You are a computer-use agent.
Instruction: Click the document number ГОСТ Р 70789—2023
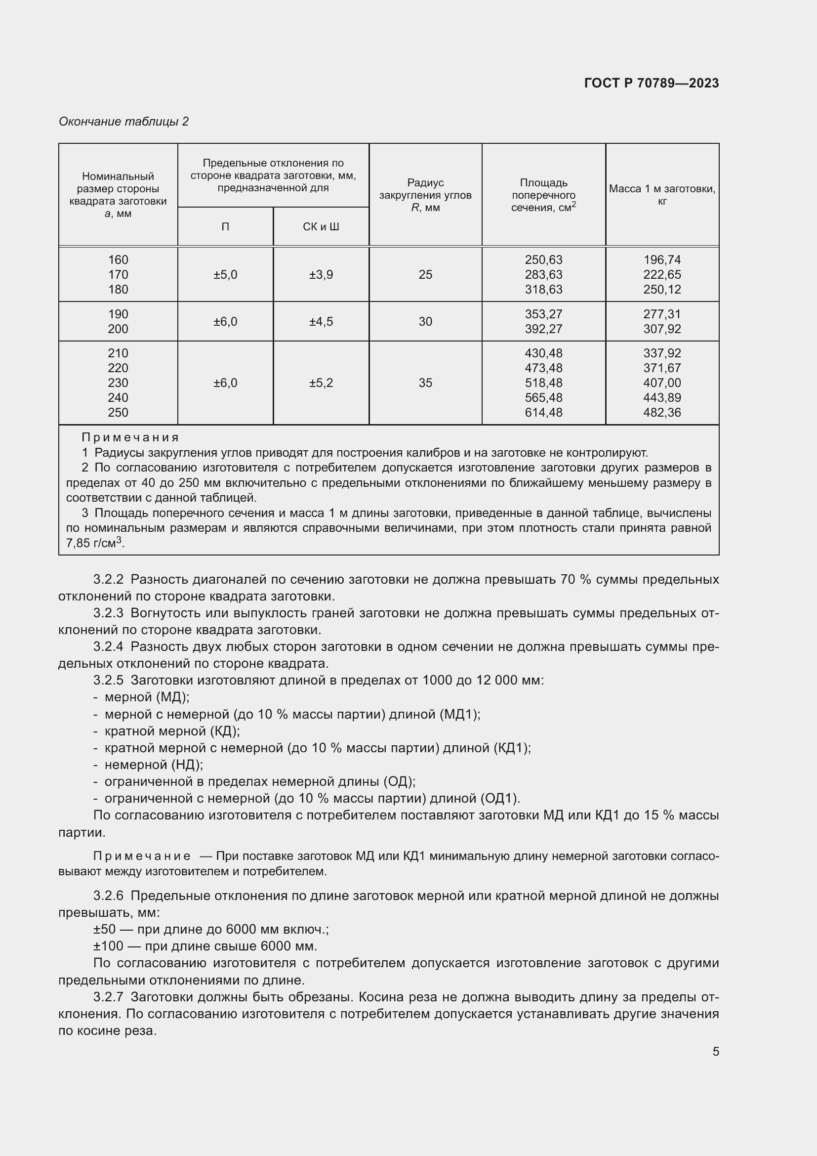(x=651, y=83)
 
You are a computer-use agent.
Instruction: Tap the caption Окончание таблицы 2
(x=123, y=122)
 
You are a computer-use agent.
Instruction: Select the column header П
(x=225, y=226)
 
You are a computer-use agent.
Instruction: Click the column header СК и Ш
(x=321, y=226)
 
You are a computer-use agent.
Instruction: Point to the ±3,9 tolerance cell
(x=321, y=274)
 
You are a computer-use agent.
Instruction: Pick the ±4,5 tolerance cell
(x=321, y=321)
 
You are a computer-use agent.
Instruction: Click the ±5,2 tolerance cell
(x=321, y=383)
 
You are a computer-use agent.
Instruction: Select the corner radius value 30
(x=425, y=321)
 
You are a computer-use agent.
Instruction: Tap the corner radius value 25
(x=425, y=274)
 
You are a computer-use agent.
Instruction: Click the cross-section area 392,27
(x=543, y=329)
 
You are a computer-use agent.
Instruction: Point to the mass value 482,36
(x=661, y=412)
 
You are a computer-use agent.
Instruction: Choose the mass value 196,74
(x=661, y=260)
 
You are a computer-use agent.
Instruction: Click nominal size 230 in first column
(x=118, y=383)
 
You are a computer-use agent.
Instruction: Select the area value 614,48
(x=543, y=412)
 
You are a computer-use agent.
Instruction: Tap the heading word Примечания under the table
(x=130, y=437)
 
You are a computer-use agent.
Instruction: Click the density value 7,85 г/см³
(x=94, y=543)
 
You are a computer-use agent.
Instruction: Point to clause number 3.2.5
(x=108, y=680)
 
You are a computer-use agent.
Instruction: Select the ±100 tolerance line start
(x=108, y=945)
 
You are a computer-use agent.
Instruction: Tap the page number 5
(x=715, y=1051)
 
